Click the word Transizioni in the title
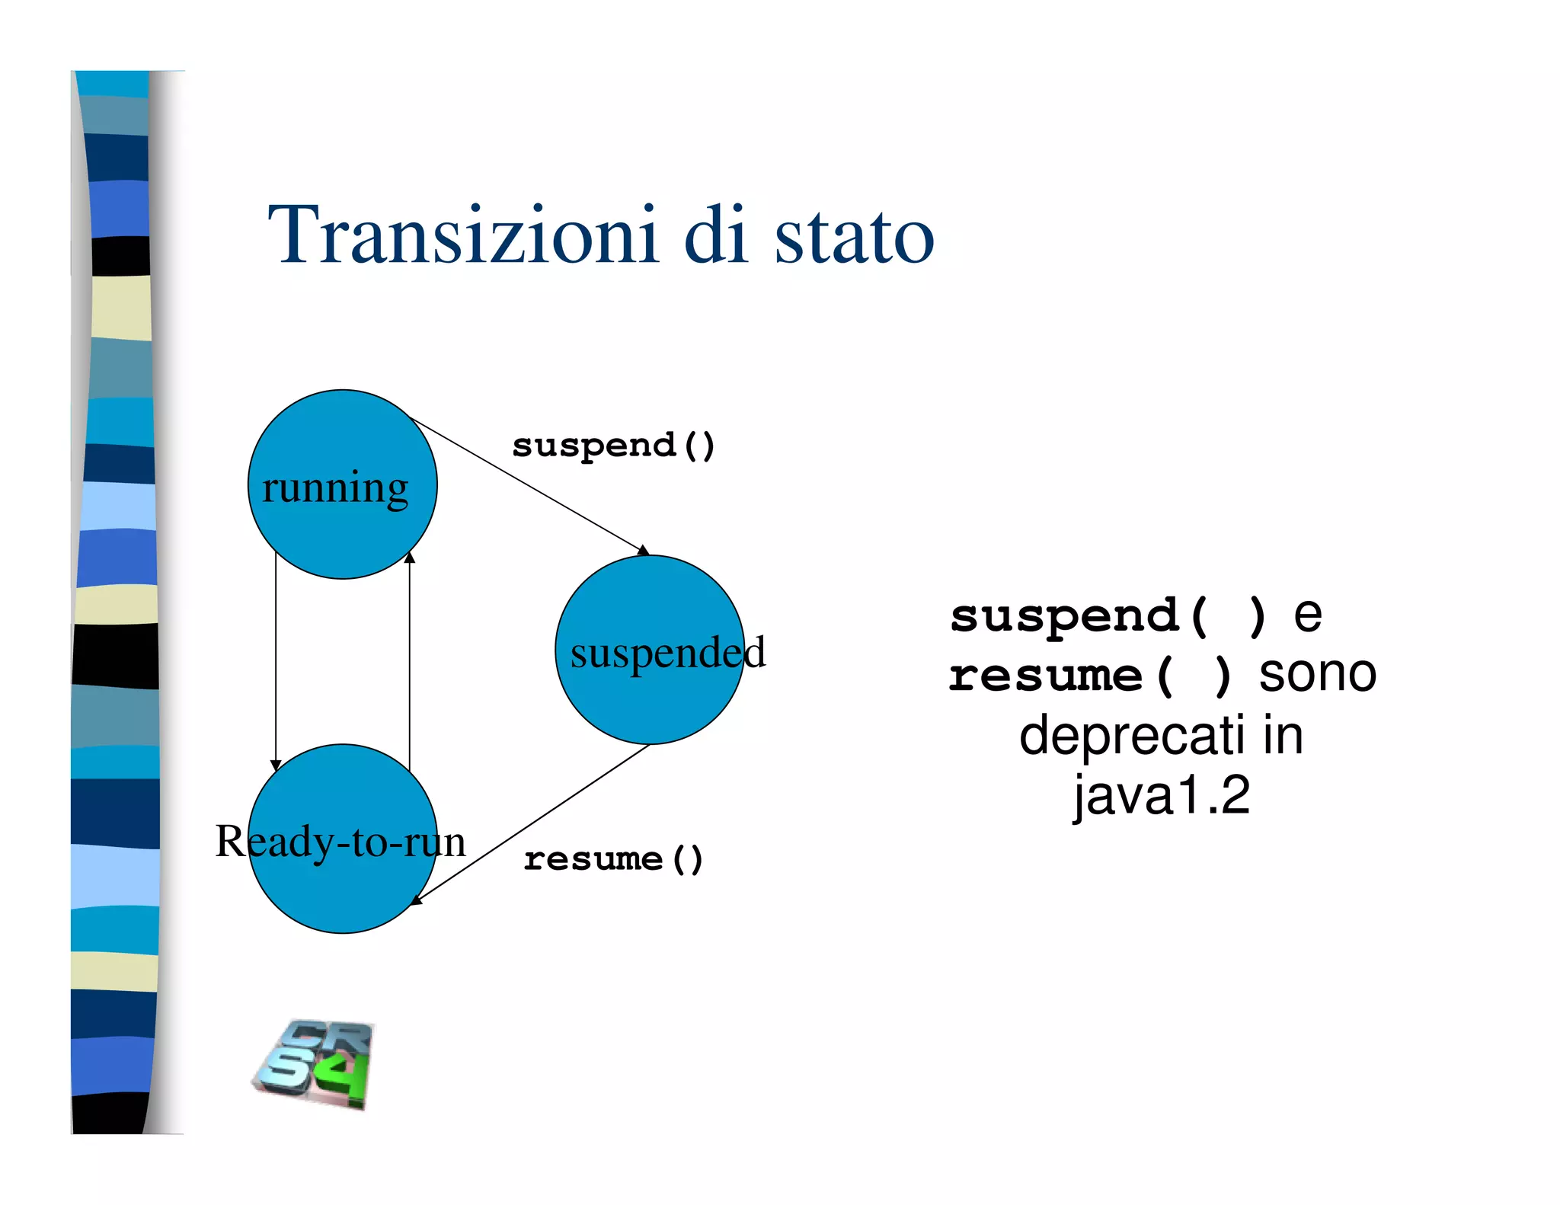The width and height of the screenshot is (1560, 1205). (462, 235)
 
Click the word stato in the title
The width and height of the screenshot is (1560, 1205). (854, 237)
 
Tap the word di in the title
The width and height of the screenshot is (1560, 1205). (715, 235)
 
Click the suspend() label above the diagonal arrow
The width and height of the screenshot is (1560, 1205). (613, 446)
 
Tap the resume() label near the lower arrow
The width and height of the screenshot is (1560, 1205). (613, 860)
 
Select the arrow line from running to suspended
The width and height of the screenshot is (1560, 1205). (526, 484)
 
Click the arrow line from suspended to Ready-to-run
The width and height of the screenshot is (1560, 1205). (533, 823)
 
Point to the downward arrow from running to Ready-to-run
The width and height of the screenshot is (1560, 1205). (276, 663)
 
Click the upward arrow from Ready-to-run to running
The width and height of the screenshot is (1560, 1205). (410, 663)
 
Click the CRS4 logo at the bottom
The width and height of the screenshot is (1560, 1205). (315, 1065)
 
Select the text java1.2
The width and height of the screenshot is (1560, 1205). (1162, 796)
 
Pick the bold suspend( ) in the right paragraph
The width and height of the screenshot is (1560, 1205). (1108, 616)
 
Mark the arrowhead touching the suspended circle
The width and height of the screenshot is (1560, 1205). (644, 550)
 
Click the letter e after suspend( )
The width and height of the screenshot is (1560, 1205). (1308, 616)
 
